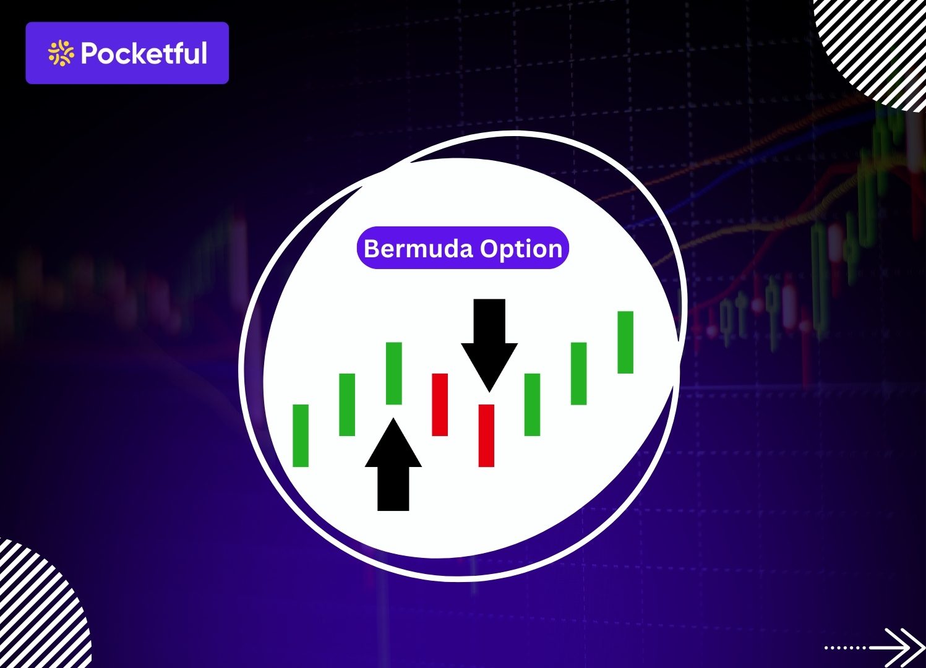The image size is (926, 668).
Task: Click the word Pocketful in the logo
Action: [144, 54]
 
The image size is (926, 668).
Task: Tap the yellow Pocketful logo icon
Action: [61, 53]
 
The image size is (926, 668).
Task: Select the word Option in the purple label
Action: [521, 249]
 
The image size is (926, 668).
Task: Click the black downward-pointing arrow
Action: [489, 340]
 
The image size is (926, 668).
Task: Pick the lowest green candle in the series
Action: [301, 435]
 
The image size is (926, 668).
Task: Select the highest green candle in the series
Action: [625, 342]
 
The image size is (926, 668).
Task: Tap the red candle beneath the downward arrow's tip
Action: [487, 435]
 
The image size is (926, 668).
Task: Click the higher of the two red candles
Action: [440, 405]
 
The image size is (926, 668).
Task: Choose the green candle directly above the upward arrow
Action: [394, 373]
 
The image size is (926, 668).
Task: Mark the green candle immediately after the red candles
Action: [532, 405]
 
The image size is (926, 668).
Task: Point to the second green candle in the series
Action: [347, 405]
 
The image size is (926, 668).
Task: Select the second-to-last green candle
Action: [578, 374]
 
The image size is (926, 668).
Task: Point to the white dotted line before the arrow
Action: [846, 648]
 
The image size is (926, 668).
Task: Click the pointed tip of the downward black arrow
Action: [489, 388]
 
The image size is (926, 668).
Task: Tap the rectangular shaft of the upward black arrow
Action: [393, 488]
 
